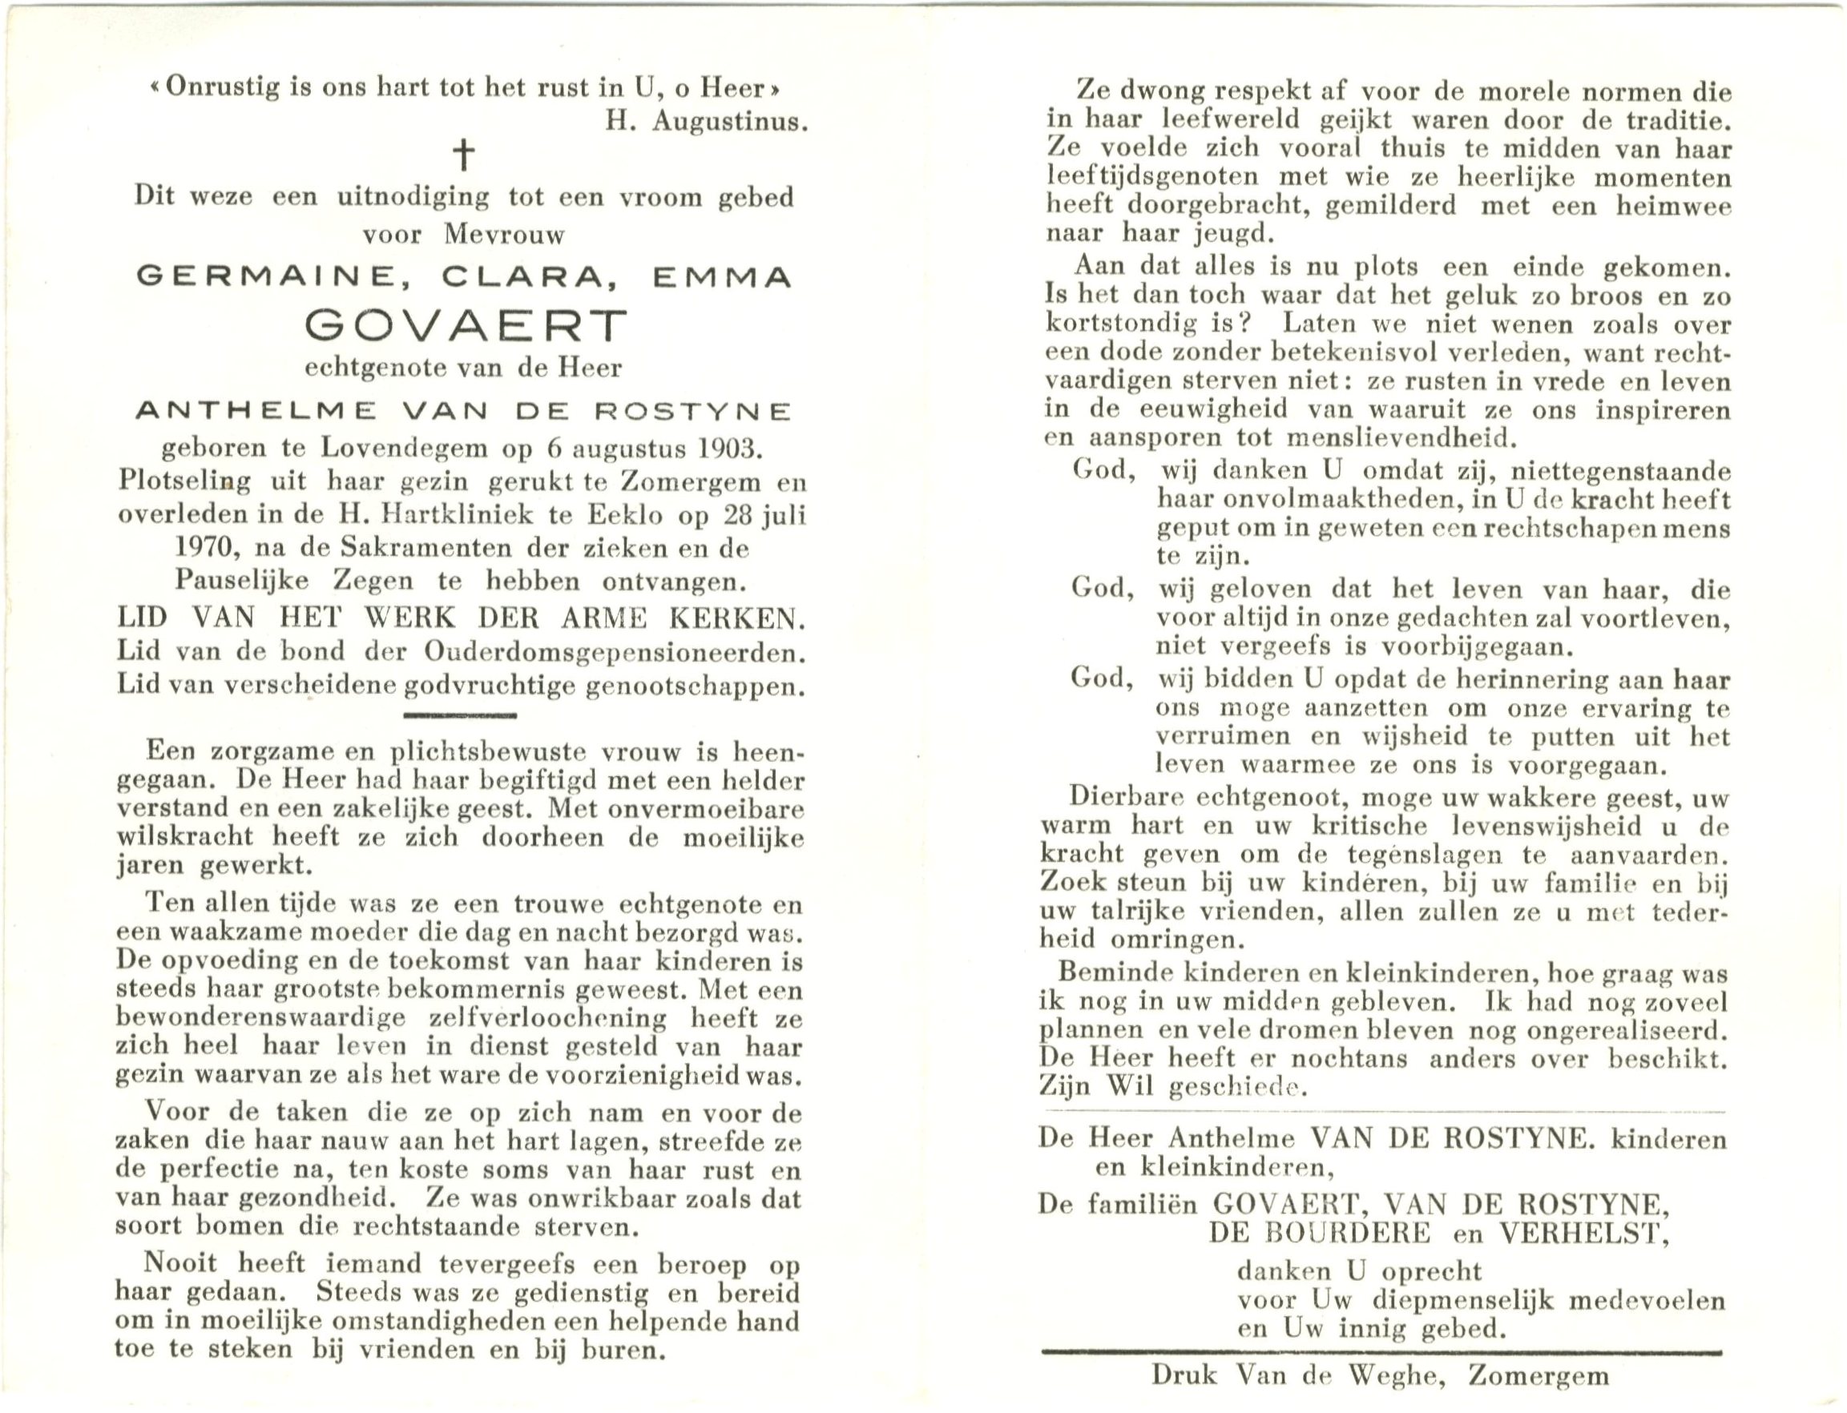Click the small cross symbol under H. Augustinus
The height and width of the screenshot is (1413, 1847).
[x=463, y=155]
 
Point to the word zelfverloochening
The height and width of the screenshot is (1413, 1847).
[x=547, y=1019]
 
